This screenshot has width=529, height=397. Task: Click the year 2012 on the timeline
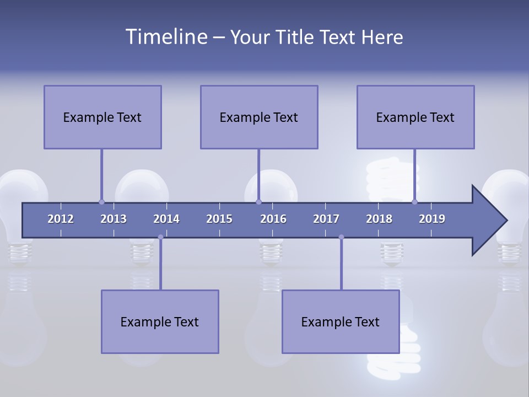(x=61, y=219)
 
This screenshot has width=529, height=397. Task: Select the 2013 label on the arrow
(x=114, y=219)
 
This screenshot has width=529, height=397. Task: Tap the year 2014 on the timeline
(x=166, y=219)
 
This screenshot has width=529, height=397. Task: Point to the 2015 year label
(x=219, y=219)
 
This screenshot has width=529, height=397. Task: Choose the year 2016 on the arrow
(x=273, y=219)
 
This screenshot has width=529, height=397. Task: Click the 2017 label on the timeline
(x=326, y=219)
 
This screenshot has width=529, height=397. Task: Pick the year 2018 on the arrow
(x=379, y=219)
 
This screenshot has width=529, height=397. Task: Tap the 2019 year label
(x=432, y=219)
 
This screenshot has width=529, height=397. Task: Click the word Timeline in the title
(x=165, y=37)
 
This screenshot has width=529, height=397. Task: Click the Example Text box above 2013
(x=102, y=117)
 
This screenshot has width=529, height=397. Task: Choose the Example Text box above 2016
(x=259, y=117)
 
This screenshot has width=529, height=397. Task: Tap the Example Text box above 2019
(x=415, y=117)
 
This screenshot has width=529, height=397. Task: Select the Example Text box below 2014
(x=160, y=321)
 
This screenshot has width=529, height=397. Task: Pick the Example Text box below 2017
(x=341, y=321)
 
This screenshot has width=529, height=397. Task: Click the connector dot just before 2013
(x=101, y=202)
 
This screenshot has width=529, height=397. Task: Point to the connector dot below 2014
(x=160, y=237)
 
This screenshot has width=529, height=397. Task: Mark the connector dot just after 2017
(x=341, y=237)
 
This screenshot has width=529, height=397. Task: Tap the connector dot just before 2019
(x=414, y=202)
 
